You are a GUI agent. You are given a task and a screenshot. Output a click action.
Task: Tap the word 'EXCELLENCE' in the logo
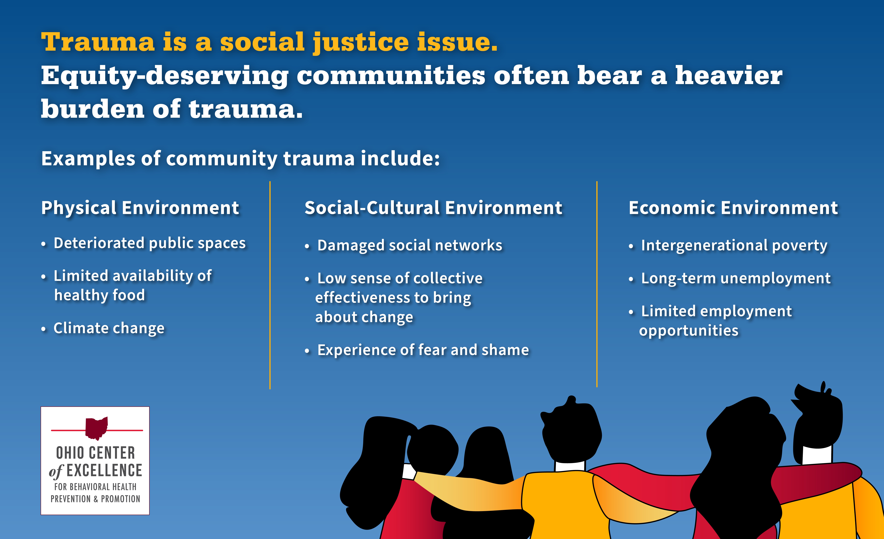104,470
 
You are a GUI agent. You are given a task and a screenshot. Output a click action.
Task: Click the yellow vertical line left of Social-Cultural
270,285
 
